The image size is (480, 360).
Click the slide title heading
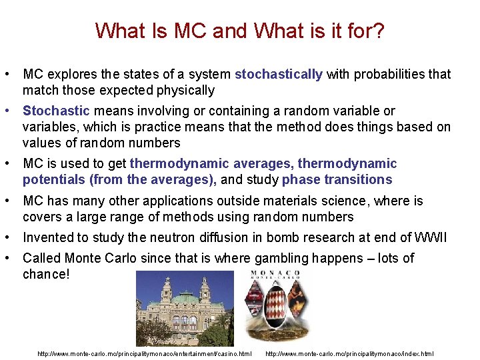pos(239,31)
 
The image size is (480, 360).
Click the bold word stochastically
pos(278,75)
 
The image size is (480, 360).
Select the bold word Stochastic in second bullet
pos(56,111)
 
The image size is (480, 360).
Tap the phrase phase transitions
pos(337,180)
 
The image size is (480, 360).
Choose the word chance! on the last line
pos(45,275)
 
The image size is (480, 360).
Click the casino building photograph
pos(185,308)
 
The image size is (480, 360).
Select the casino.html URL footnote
pos(145,353)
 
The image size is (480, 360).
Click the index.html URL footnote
pos(349,353)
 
